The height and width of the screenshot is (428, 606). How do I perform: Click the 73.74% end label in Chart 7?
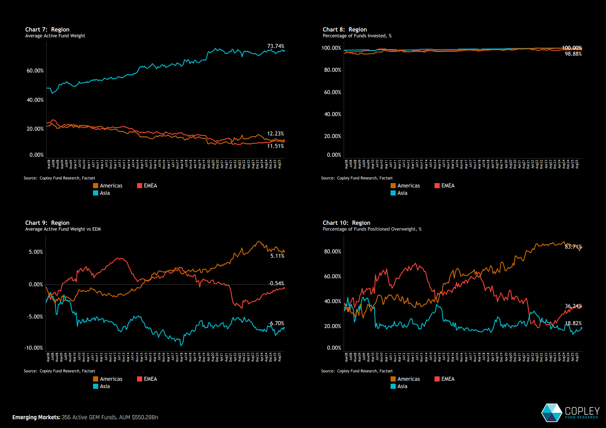[276, 46]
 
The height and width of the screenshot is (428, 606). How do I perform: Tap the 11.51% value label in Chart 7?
[276, 146]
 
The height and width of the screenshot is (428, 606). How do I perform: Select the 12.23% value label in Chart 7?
[276, 134]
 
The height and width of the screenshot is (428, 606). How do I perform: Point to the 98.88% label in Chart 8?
[573, 54]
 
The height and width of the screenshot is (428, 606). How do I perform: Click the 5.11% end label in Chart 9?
[277, 256]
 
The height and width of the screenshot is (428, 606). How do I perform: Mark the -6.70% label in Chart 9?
[277, 323]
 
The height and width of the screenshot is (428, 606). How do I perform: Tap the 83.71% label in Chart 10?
[573, 247]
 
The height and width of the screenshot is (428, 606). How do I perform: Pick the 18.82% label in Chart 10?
[573, 323]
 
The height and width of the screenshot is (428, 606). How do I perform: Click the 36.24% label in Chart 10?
[573, 306]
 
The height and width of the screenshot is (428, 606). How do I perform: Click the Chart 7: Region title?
[47, 30]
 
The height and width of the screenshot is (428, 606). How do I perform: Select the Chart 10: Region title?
[346, 223]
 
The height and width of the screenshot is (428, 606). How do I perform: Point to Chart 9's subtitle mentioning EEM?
[63, 229]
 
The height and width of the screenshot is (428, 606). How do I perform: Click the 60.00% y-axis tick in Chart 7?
[35, 71]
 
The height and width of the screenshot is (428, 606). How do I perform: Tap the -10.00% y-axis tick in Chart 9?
[34, 348]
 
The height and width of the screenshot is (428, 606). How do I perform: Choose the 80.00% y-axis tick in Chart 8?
[332, 70]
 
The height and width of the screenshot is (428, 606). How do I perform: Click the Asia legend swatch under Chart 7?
[96, 193]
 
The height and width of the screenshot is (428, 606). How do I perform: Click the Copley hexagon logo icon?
[552, 413]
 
